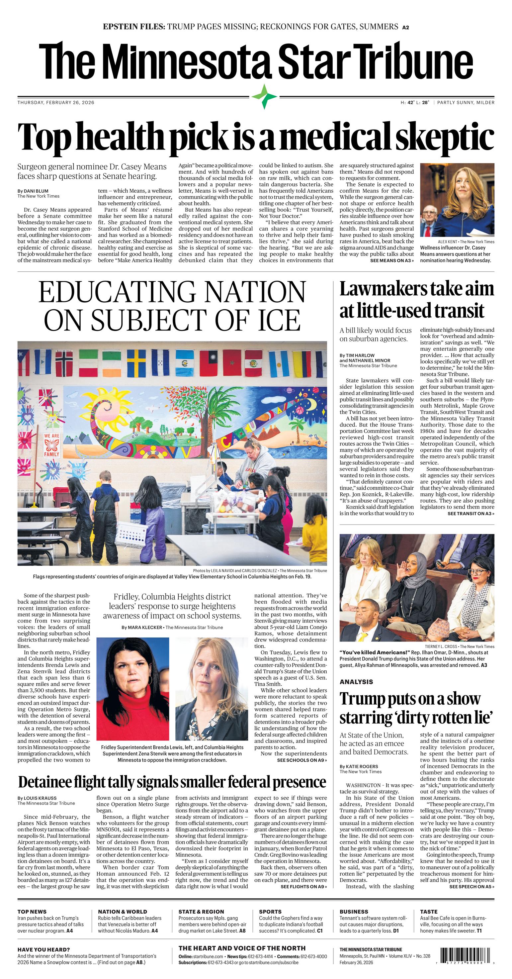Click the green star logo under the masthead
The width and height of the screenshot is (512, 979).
[x=264, y=97]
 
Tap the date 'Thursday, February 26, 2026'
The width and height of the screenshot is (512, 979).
[x=56, y=103]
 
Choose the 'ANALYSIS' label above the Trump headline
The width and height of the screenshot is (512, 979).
[x=356, y=682]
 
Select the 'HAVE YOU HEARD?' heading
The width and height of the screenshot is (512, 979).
[x=44, y=950]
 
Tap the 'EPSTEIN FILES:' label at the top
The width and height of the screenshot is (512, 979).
[x=134, y=27]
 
